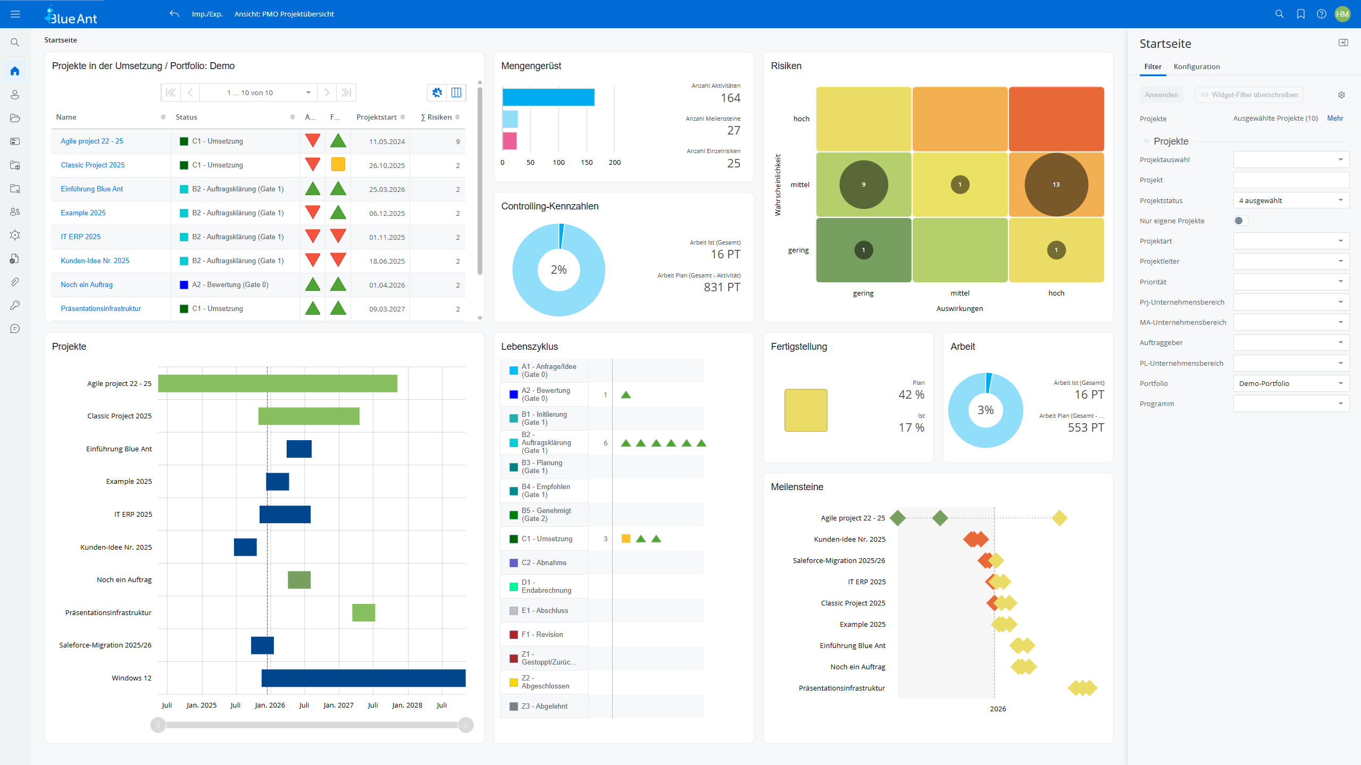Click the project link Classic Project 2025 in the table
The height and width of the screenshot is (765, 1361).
point(93,165)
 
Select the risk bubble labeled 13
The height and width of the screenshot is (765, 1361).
point(1056,184)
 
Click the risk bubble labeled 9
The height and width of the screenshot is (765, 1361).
point(863,184)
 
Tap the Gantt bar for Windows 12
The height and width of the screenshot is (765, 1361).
point(363,678)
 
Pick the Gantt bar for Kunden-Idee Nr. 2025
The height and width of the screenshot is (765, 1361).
point(245,547)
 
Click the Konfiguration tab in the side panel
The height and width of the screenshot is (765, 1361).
point(1196,66)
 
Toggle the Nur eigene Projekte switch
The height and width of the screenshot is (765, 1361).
point(1240,221)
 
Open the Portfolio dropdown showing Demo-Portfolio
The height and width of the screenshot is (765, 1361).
point(1290,383)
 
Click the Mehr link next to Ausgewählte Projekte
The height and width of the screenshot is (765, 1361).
point(1334,118)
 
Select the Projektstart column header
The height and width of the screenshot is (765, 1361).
point(376,117)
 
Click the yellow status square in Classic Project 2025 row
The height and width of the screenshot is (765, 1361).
point(338,164)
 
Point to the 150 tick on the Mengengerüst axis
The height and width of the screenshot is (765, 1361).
point(586,162)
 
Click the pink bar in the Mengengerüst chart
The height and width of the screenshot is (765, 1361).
point(509,141)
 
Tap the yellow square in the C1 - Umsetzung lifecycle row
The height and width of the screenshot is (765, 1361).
point(625,539)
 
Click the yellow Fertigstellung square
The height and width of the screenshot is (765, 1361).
point(805,410)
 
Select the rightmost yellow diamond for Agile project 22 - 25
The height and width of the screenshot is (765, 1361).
point(1059,518)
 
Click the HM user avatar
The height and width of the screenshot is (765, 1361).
point(1342,14)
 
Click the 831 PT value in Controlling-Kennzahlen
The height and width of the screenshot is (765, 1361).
point(721,287)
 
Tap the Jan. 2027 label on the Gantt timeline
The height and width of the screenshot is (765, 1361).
point(338,705)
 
